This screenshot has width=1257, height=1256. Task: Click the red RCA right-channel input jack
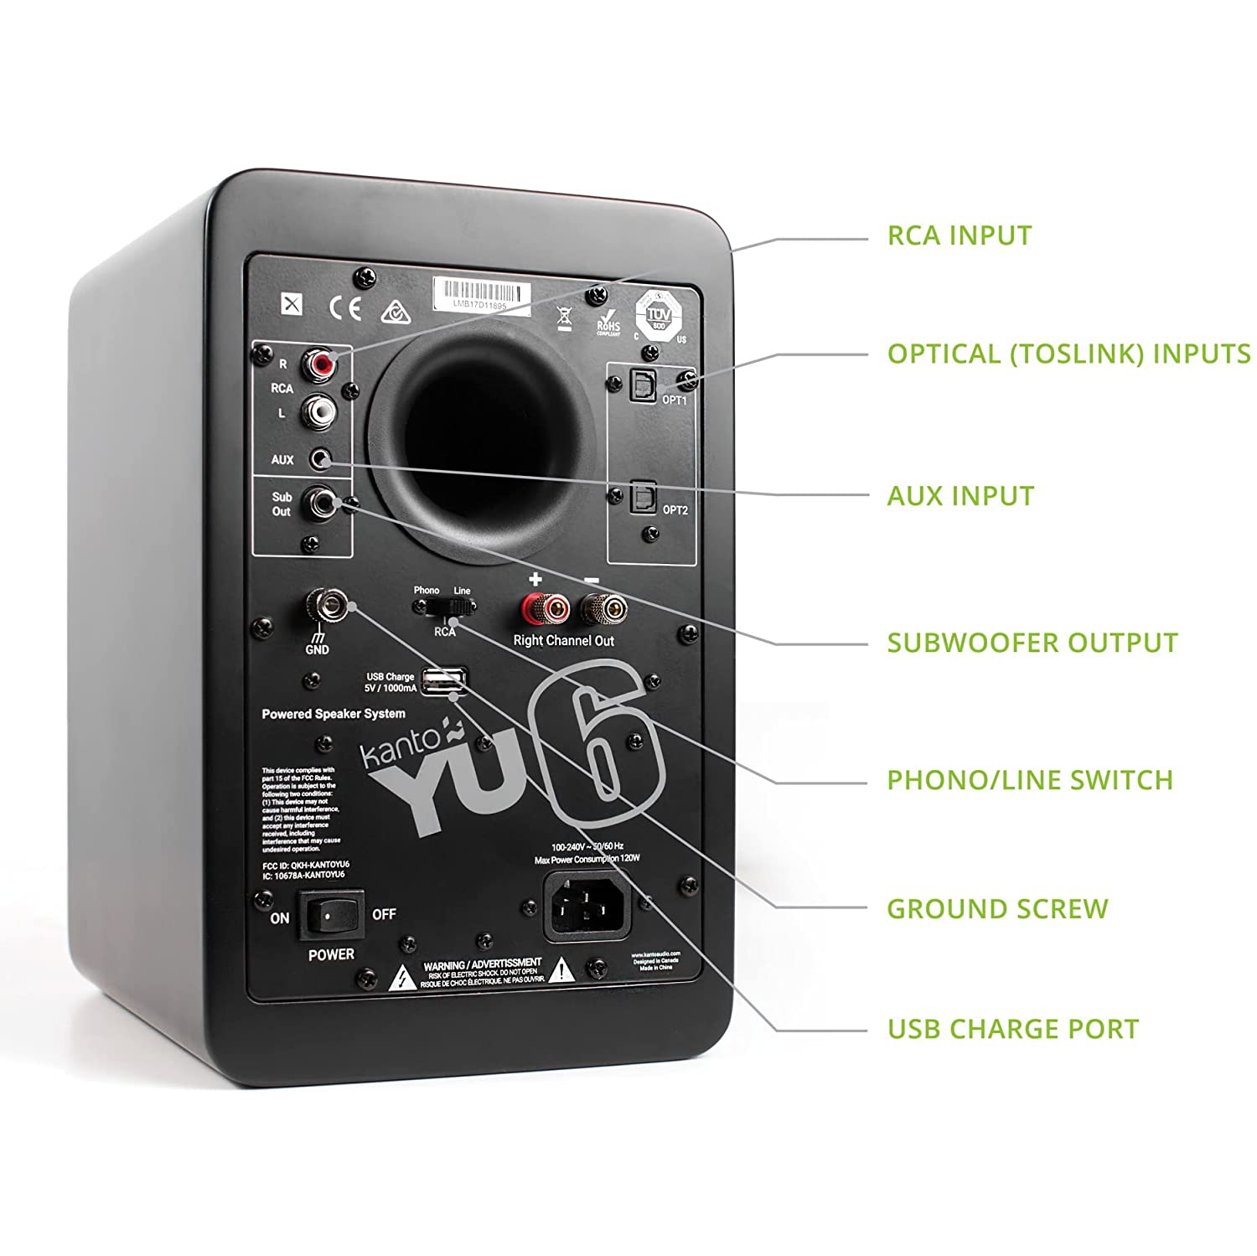[x=319, y=364]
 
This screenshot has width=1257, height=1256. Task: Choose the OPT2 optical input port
[x=643, y=497]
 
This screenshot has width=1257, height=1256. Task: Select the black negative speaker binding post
[x=603, y=608]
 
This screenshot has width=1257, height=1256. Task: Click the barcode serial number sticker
[x=482, y=296]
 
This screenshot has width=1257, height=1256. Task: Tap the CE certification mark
[x=345, y=308]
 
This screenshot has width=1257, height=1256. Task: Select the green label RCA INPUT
[x=959, y=236]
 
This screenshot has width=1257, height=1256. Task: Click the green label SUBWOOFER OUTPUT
[x=1032, y=644]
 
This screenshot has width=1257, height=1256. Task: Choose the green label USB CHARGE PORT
[x=1012, y=1029]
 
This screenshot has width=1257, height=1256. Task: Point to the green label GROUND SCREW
[x=997, y=909]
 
